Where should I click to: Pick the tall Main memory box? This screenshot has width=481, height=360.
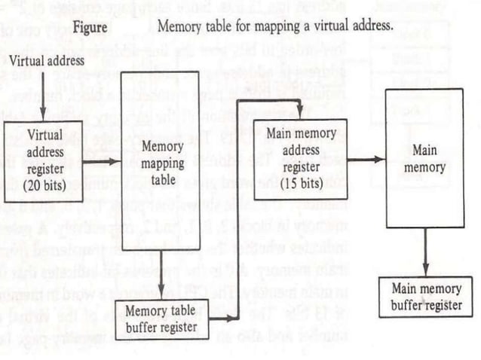point(424,158)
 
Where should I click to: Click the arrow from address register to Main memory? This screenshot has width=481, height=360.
point(366,159)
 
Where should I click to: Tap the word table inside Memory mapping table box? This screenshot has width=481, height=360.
point(161,182)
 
